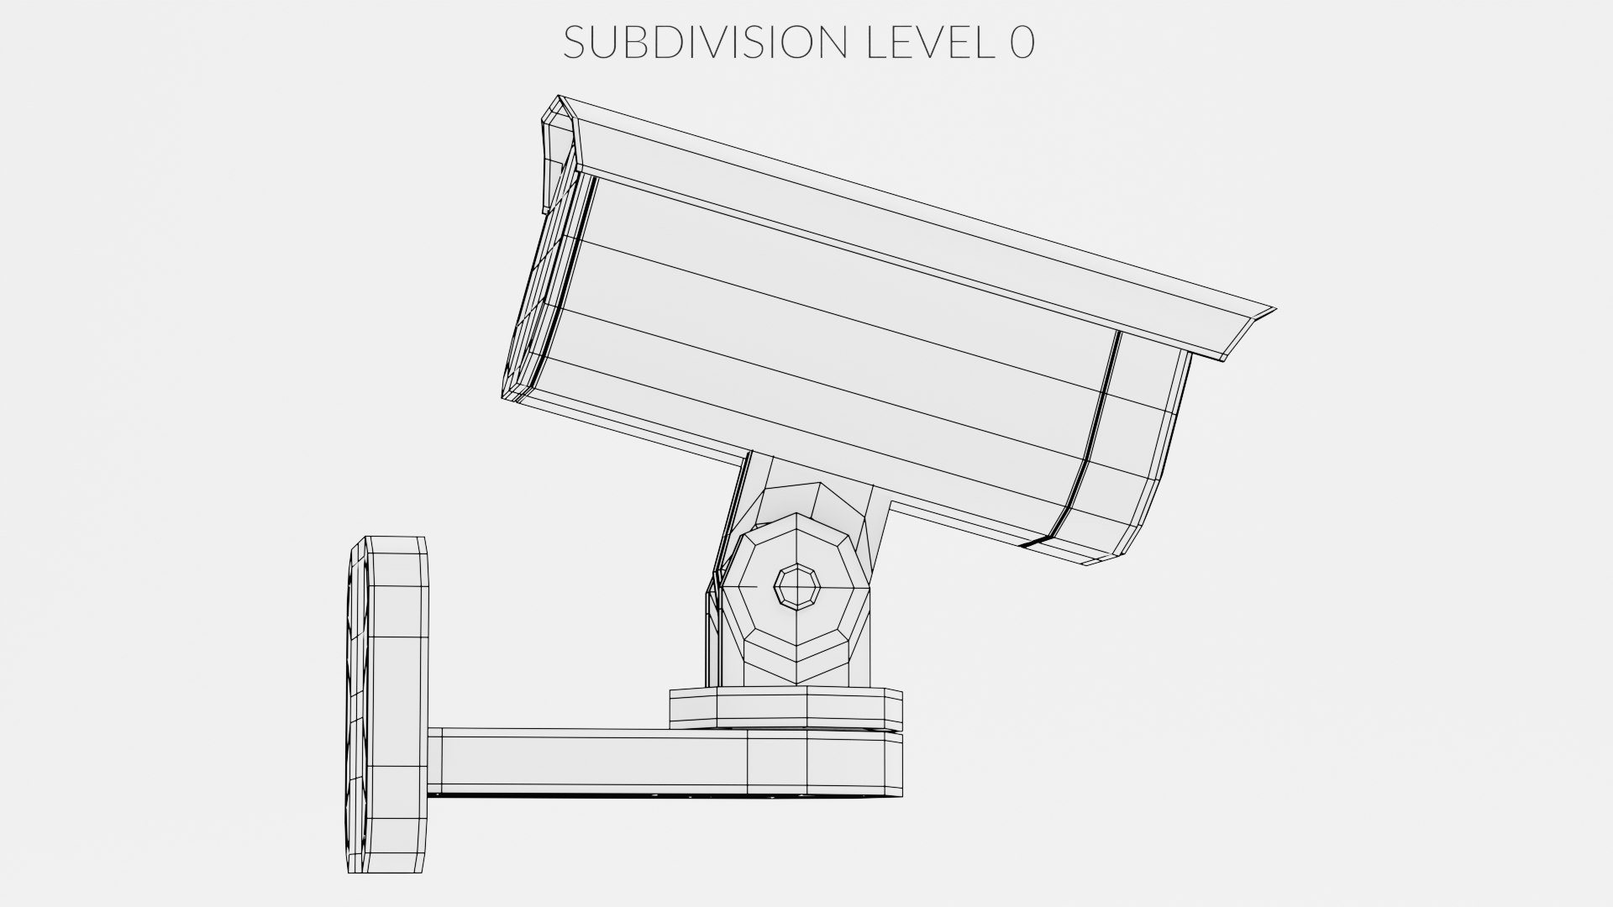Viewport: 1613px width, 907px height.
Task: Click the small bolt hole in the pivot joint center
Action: click(796, 585)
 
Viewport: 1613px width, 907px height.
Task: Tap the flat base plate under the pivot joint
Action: click(785, 707)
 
